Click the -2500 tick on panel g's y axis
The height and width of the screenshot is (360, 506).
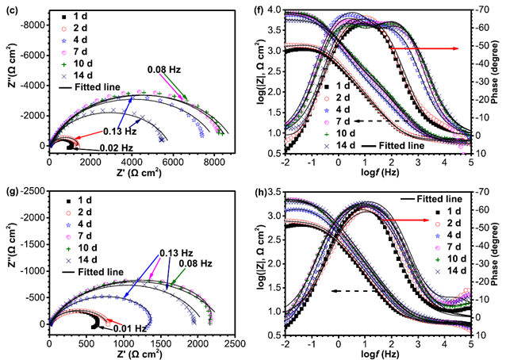pyautogui.click(x=34, y=191)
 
